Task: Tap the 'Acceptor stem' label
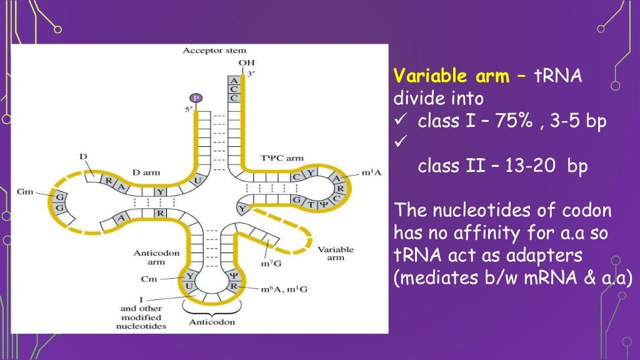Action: tap(214, 51)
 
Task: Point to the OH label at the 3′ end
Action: tap(246, 62)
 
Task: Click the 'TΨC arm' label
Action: tap(281, 157)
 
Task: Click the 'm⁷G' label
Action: tap(272, 263)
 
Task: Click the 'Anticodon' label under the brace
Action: tap(212, 322)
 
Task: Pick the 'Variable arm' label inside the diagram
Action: tap(336, 253)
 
